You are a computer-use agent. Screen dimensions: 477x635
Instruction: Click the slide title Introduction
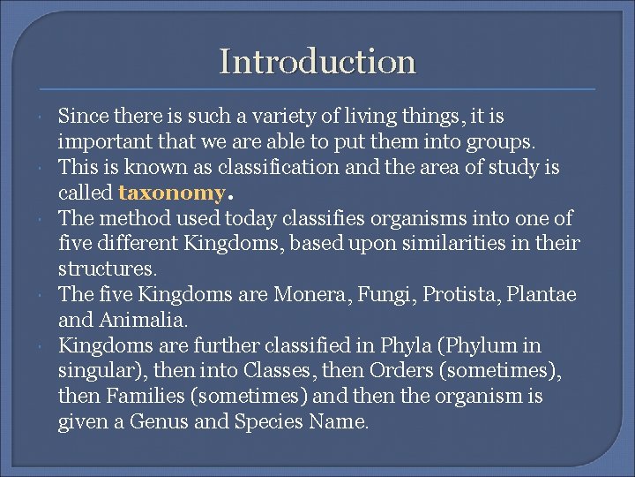(x=317, y=62)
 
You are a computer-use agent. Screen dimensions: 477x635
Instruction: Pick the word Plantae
(x=546, y=295)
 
